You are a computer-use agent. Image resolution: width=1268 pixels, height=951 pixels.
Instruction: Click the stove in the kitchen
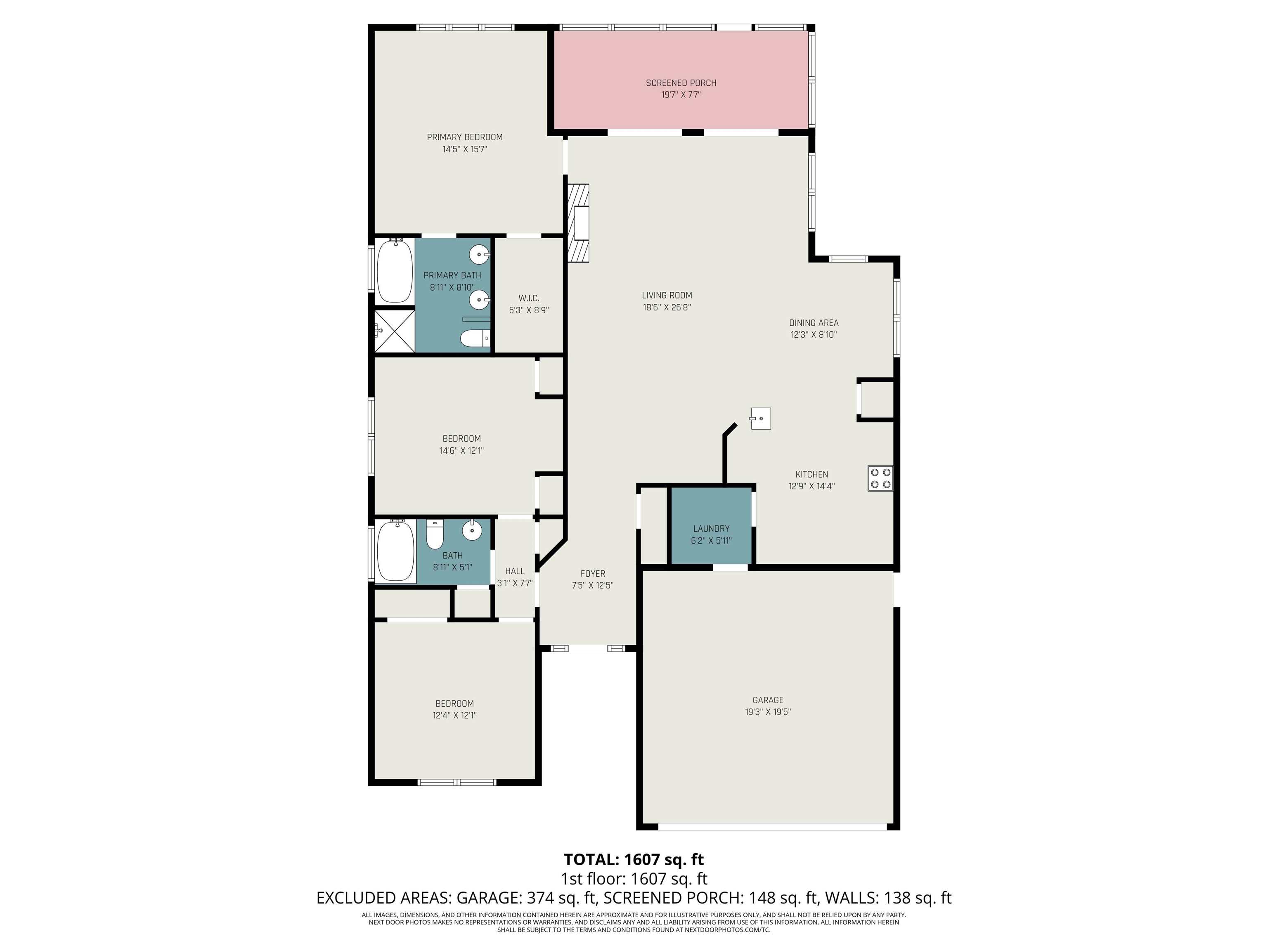pyautogui.click(x=880, y=478)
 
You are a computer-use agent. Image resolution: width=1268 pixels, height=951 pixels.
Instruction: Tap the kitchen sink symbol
pyautogui.click(x=760, y=419)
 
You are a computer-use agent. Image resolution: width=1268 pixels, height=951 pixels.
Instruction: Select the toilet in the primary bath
pyautogui.click(x=475, y=339)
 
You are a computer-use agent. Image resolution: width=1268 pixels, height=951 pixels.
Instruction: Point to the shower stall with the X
pyautogui.click(x=394, y=331)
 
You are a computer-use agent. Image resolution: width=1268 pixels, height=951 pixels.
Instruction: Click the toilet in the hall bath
pyautogui.click(x=435, y=534)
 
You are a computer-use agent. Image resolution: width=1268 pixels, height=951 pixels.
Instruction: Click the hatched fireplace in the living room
pyautogui.click(x=578, y=223)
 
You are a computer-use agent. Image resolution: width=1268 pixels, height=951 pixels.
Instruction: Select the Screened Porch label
pyautogui.click(x=681, y=83)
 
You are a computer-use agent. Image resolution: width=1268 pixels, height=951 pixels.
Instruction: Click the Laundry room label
pyautogui.click(x=711, y=528)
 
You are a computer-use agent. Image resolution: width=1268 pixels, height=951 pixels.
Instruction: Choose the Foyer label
pyautogui.click(x=593, y=573)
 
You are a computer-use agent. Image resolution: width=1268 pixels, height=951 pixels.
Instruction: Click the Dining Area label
pyautogui.click(x=814, y=323)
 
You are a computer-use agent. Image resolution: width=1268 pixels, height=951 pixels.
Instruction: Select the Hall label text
pyautogui.click(x=515, y=571)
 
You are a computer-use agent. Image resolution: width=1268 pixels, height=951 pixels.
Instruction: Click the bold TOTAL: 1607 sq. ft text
pyautogui.click(x=634, y=859)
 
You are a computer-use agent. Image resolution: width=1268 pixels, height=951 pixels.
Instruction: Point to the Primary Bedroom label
pyautogui.click(x=465, y=137)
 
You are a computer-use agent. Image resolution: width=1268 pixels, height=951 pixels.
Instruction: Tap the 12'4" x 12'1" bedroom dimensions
pyautogui.click(x=454, y=715)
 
